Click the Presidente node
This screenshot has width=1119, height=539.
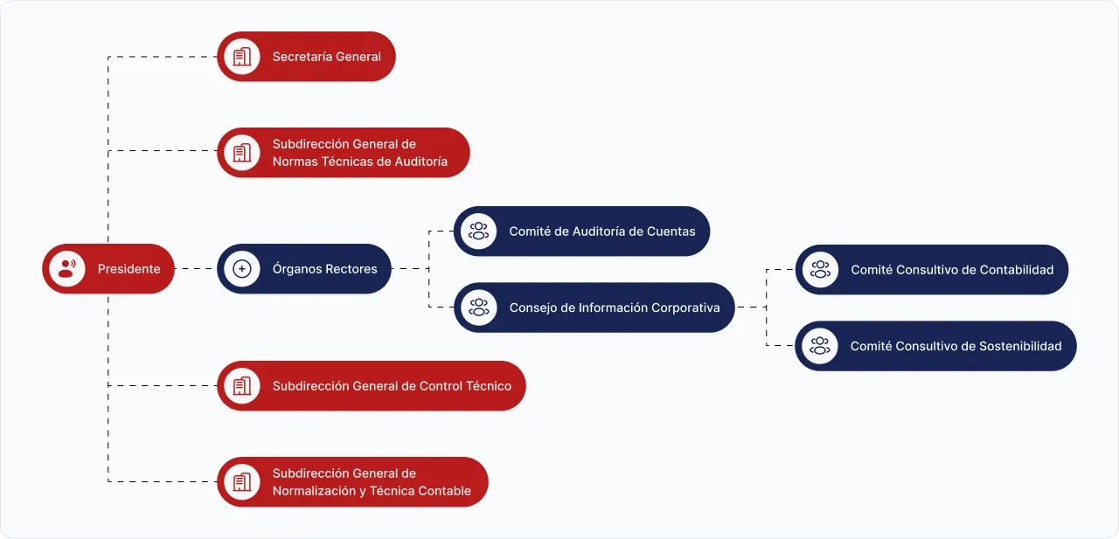[x=108, y=268]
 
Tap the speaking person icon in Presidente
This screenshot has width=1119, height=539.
[x=67, y=268]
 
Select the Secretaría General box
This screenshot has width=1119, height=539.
[x=306, y=57]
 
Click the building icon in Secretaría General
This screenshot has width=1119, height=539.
[x=242, y=57]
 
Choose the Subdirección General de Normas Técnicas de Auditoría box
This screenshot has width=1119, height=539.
[x=344, y=152]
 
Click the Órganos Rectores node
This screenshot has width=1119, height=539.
[x=304, y=268]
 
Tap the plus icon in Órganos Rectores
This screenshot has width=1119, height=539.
[x=242, y=269]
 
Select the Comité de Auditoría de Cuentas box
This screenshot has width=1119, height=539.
[x=582, y=231]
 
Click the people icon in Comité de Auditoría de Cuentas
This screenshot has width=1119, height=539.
[x=478, y=231]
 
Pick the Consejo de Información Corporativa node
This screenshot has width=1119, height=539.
[x=594, y=308]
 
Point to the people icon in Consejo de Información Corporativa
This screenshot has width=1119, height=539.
[x=478, y=308]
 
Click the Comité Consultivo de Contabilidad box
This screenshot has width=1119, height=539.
[x=932, y=269]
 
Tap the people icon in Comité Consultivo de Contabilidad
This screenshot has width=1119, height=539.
[x=820, y=269]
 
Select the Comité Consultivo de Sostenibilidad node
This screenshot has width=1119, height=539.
[x=935, y=346]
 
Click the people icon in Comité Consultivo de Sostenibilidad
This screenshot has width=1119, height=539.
[x=820, y=346]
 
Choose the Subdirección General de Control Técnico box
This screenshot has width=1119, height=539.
[x=372, y=386]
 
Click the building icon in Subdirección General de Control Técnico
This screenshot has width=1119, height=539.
[x=242, y=386]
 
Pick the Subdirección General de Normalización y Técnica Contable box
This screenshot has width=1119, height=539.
[x=352, y=482]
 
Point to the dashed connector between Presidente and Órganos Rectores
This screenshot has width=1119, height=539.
[x=196, y=268]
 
